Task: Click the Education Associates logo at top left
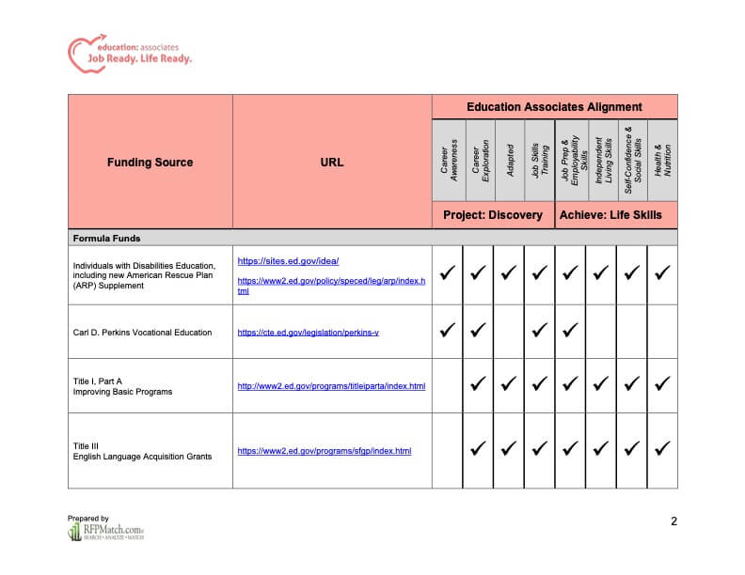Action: click(x=129, y=53)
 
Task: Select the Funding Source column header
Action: click(x=150, y=163)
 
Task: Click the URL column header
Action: click(x=332, y=163)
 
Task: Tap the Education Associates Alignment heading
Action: click(x=554, y=107)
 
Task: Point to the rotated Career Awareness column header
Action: click(x=448, y=161)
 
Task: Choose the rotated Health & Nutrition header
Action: click(x=662, y=161)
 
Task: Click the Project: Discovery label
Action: click(x=493, y=215)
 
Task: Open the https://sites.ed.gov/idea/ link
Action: click(x=288, y=261)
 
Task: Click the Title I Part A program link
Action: click(x=331, y=386)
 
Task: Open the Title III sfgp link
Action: click(x=324, y=451)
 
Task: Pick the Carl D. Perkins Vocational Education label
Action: click(x=142, y=332)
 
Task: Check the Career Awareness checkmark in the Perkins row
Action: click(x=447, y=331)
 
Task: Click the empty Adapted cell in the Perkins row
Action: click(x=509, y=331)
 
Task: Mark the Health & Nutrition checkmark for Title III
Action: click(x=662, y=449)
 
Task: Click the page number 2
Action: click(x=674, y=521)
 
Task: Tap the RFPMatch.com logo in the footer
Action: click(x=105, y=532)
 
